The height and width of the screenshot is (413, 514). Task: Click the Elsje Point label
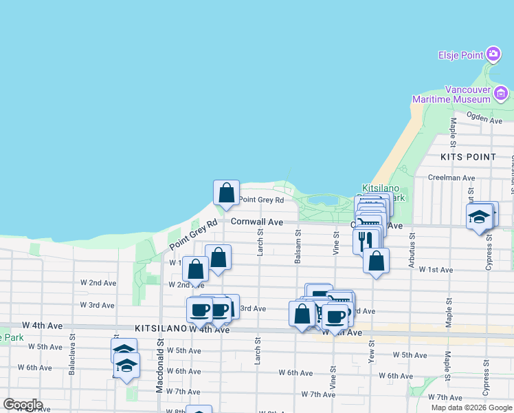tap(460, 54)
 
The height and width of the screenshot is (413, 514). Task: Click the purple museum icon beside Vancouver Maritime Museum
tap(502, 93)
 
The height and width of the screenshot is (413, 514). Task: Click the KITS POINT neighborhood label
tap(468, 157)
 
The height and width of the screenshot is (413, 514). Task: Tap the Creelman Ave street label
tap(451, 178)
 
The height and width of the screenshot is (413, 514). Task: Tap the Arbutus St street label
tap(412, 244)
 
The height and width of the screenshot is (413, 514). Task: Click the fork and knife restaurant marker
tap(365, 240)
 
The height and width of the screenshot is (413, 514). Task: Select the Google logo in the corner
tap(23, 405)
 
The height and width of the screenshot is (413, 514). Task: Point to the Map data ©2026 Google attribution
tap(471, 407)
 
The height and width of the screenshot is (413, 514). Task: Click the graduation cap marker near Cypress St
tap(478, 218)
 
